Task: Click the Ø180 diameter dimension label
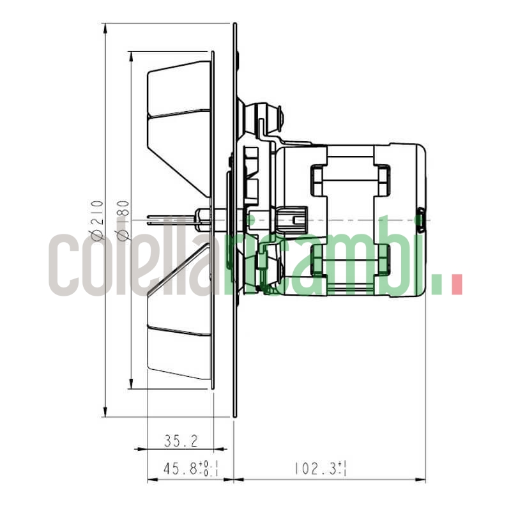click(123, 220)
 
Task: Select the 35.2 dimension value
click(180, 440)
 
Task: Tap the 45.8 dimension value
click(185, 469)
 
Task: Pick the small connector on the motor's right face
click(422, 220)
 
